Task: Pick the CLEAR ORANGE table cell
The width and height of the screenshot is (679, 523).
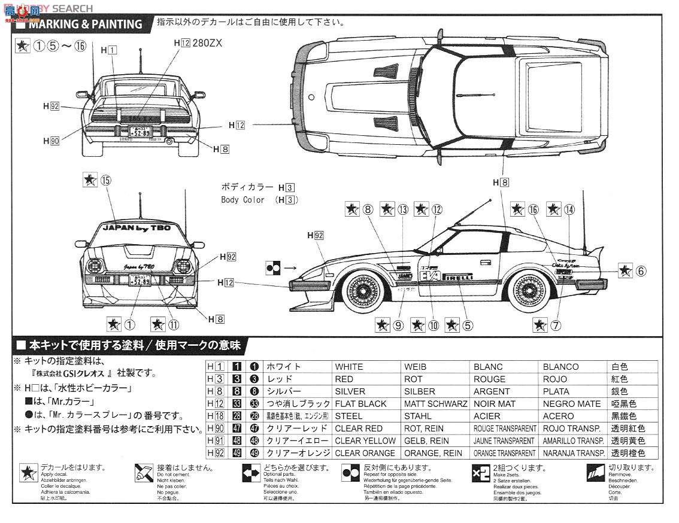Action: point(365,453)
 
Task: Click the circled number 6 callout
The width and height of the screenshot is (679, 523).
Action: point(640,270)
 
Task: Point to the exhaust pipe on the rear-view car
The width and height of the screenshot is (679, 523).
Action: point(170,141)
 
